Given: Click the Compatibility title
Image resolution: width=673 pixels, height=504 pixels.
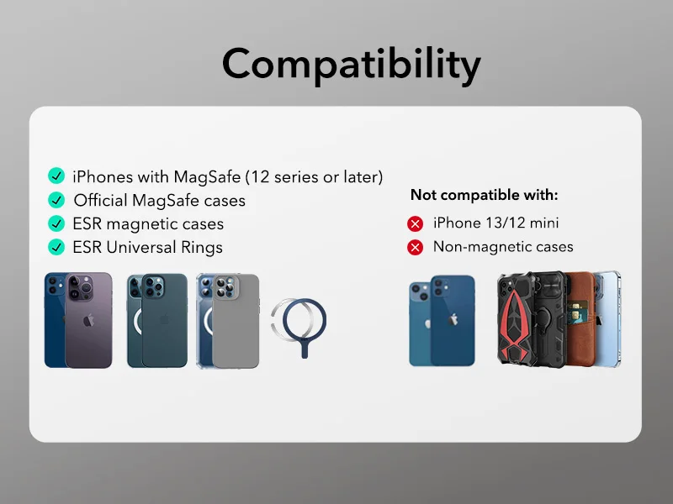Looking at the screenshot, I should point(352,65).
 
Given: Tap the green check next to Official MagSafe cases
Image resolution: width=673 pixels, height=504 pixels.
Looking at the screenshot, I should point(56,200).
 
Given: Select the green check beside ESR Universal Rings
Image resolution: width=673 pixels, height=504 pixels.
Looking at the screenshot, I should point(56,247).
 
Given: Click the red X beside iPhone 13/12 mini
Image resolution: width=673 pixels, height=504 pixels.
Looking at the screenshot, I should point(415,223).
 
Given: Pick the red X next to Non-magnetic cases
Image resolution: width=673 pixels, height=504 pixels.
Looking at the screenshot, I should point(415,247).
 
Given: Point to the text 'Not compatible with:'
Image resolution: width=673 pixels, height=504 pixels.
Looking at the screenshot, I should point(484,195).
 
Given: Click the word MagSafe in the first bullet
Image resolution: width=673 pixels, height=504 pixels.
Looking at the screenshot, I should point(208,176).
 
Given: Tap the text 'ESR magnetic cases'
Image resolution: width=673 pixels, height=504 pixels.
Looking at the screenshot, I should point(148,223).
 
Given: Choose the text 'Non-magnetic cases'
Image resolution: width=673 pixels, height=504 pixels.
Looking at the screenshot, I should point(502,247).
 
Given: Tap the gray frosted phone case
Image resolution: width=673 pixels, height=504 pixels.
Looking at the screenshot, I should point(236,323).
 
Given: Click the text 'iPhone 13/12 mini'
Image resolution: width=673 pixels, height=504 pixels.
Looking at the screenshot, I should point(495,223).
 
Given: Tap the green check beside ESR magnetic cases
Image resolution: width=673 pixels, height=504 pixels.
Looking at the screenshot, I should point(56,223).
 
